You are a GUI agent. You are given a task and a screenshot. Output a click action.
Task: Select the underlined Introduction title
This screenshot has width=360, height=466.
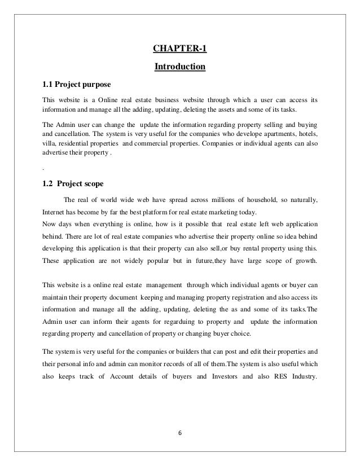pyautogui.click(x=180, y=68)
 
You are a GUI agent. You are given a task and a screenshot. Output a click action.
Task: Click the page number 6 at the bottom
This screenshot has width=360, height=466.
pyautogui.click(x=180, y=433)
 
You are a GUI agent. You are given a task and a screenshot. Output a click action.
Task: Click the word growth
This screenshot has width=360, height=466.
pyautogui.click(x=305, y=261)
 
